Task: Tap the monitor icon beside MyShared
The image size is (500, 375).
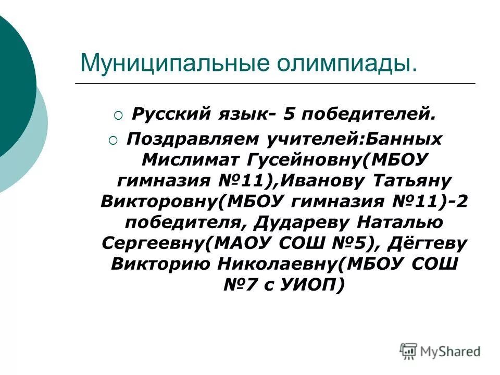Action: (x=409, y=351)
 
